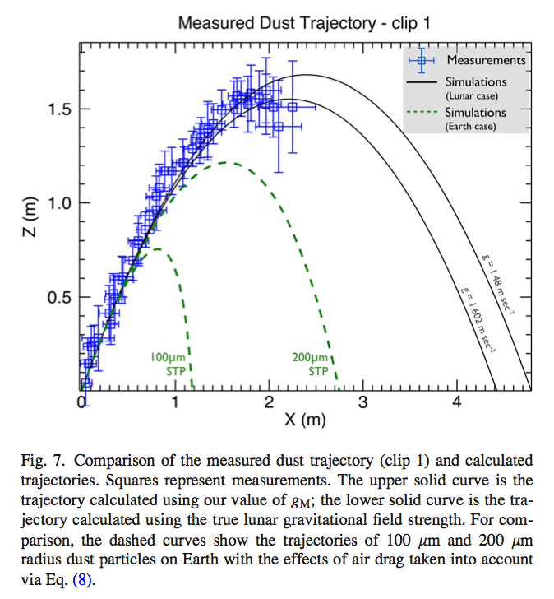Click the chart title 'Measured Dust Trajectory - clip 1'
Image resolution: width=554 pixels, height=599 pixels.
pos(303,23)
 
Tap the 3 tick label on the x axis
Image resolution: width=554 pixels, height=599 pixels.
pos(362,402)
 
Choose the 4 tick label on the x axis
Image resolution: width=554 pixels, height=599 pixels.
pos(457,402)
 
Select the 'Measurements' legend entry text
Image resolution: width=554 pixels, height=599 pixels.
pos(486,60)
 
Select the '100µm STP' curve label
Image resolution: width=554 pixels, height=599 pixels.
pos(170,364)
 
